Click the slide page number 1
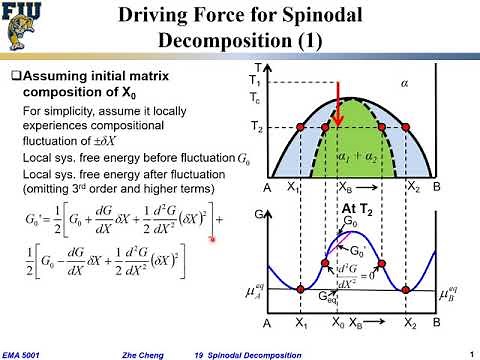tap(469, 350)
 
